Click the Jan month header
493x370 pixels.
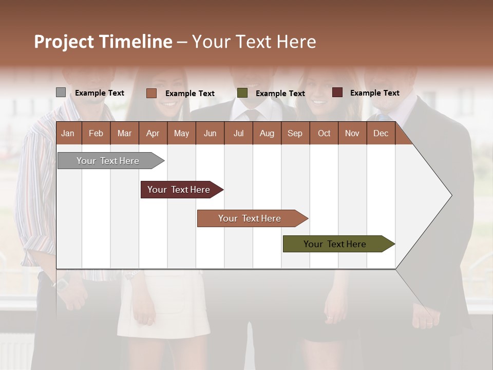68,133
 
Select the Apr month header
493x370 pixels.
153,133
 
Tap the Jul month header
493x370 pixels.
238,133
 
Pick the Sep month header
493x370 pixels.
295,133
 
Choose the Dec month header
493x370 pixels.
381,133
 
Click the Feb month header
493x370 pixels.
96,133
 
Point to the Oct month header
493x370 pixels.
324,133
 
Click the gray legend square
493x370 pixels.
61,92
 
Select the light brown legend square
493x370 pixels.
151,93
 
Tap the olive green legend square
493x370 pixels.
242,93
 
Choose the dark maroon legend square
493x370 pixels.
337,92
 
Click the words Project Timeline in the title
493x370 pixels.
103,42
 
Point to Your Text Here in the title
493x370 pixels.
254,42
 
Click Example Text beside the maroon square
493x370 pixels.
374,93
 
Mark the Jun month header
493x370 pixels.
210,133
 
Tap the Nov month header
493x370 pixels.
352,133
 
